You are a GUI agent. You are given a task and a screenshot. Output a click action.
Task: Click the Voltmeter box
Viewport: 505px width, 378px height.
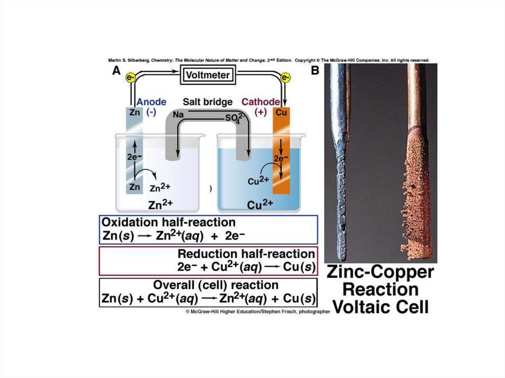tap(207, 75)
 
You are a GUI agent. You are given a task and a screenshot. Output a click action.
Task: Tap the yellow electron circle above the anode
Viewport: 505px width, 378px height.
tap(131, 77)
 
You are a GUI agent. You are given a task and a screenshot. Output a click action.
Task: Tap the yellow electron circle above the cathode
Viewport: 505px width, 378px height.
tap(285, 77)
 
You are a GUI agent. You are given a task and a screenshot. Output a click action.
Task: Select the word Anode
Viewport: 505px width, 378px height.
tap(151, 102)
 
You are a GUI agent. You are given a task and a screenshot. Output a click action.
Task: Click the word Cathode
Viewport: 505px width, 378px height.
tap(260, 102)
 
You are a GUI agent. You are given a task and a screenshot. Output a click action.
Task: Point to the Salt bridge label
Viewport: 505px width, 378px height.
tap(208, 102)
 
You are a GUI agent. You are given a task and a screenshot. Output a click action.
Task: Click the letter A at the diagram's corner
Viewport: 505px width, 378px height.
tap(116, 70)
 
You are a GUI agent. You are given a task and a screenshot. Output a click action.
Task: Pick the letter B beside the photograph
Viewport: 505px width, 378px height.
tap(315, 70)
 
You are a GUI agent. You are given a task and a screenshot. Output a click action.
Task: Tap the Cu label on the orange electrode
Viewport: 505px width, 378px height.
tap(282, 112)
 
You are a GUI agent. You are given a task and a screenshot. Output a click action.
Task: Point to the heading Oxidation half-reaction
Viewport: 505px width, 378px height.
tap(168, 222)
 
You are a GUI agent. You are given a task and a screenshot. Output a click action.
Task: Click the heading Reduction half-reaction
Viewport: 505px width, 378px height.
tap(246, 254)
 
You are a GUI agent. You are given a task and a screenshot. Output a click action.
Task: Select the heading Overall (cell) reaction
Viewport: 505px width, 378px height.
tap(216, 285)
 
